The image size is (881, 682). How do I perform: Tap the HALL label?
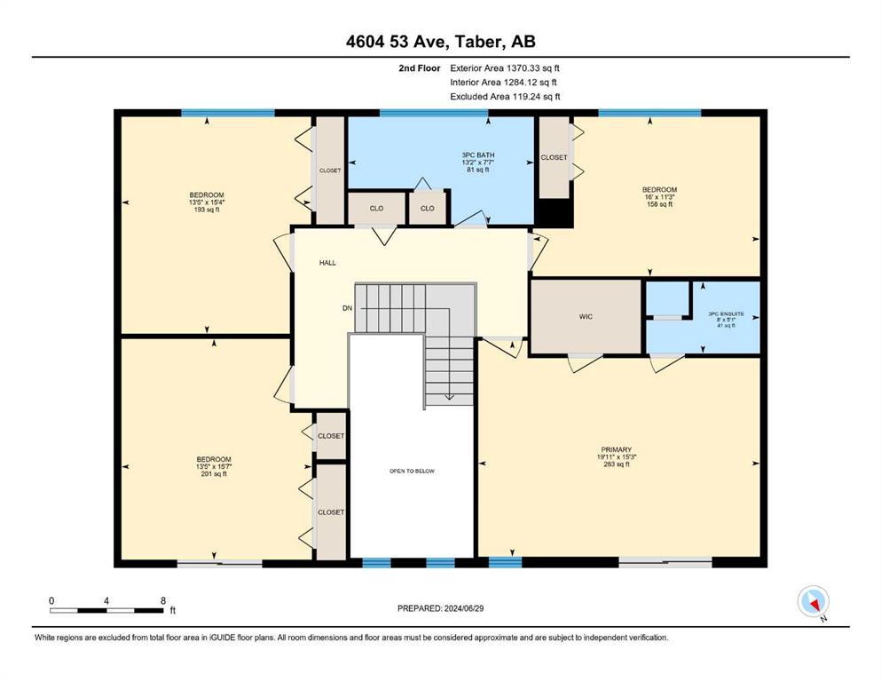tap(327, 263)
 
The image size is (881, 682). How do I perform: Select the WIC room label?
tap(586, 316)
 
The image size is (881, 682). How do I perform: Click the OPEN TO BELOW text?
tap(412, 472)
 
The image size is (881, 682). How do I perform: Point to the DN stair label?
tap(347, 308)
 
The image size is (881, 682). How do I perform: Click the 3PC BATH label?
tap(478, 155)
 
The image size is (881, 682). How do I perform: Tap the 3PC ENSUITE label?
tap(726, 313)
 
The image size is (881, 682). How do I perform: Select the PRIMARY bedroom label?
tap(617, 450)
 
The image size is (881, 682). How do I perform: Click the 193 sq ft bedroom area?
tap(207, 210)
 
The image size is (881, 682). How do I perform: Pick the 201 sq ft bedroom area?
tap(214, 474)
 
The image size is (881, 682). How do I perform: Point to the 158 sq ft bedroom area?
tap(659, 204)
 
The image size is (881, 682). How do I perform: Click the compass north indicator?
tap(813, 602)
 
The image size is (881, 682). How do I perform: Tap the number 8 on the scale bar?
tap(163, 600)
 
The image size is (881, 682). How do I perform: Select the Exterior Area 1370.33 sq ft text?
tap(505, 68)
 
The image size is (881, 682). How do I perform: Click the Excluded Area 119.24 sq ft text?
tap(505, 96)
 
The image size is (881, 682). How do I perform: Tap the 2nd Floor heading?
tap(420, 68)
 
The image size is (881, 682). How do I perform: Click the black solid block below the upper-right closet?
tap(554, 212)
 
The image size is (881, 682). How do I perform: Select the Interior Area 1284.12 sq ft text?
tap(503, 82)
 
